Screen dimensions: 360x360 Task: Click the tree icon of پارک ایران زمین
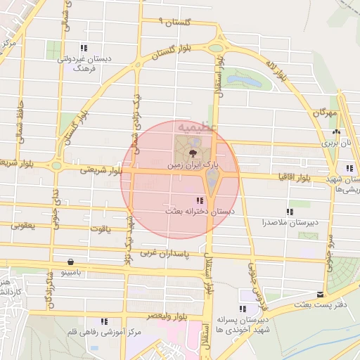pyautogui.click(x=191, y=151)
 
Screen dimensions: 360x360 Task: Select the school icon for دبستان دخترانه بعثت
pyautogui.click(x=202, y=200)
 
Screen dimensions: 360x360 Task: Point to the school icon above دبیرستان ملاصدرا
pyautogui.click(x=289, y=212)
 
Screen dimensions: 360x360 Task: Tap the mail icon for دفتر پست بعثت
pyautogui.click(x=321, y=294)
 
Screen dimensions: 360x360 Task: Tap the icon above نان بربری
pyautogui.click(x=336, y=131)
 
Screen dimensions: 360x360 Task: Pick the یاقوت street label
pyautogui.click(x=101, y=229)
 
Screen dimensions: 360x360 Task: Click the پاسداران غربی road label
pyautogui.click(x=165, y=251)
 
